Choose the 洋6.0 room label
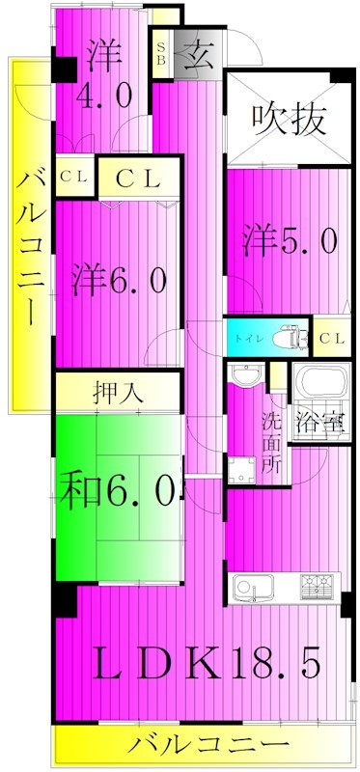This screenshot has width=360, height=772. coord(121,281)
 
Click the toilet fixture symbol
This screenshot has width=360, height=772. coord(287,339)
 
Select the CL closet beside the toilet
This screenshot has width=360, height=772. coord(331,339)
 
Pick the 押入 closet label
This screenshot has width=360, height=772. coord(119,395)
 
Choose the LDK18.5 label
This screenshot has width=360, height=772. coord(204,663)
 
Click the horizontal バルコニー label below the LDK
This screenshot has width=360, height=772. coord(207,745)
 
